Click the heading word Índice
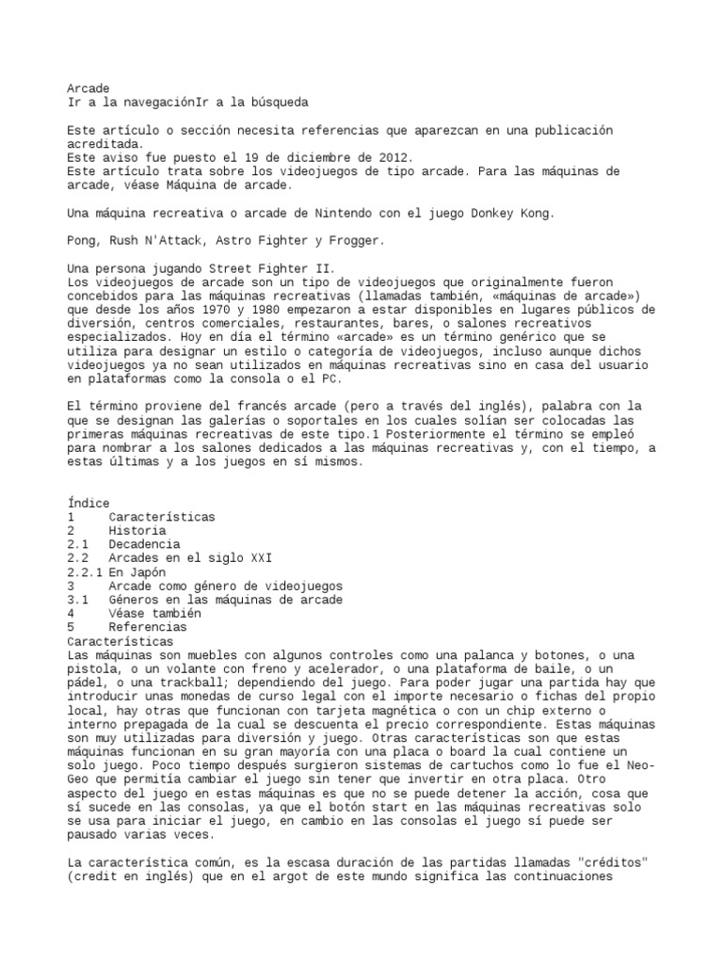tap(88, 504)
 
